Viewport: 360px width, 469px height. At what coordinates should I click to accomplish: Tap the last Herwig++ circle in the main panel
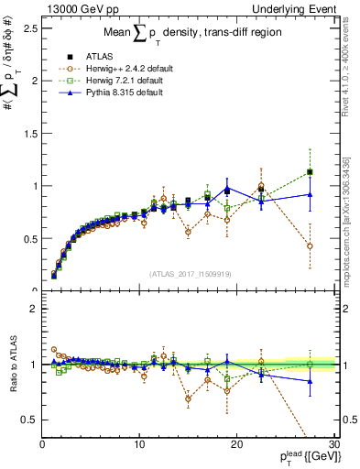310,246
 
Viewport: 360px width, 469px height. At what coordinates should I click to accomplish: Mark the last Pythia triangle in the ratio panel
310,381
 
